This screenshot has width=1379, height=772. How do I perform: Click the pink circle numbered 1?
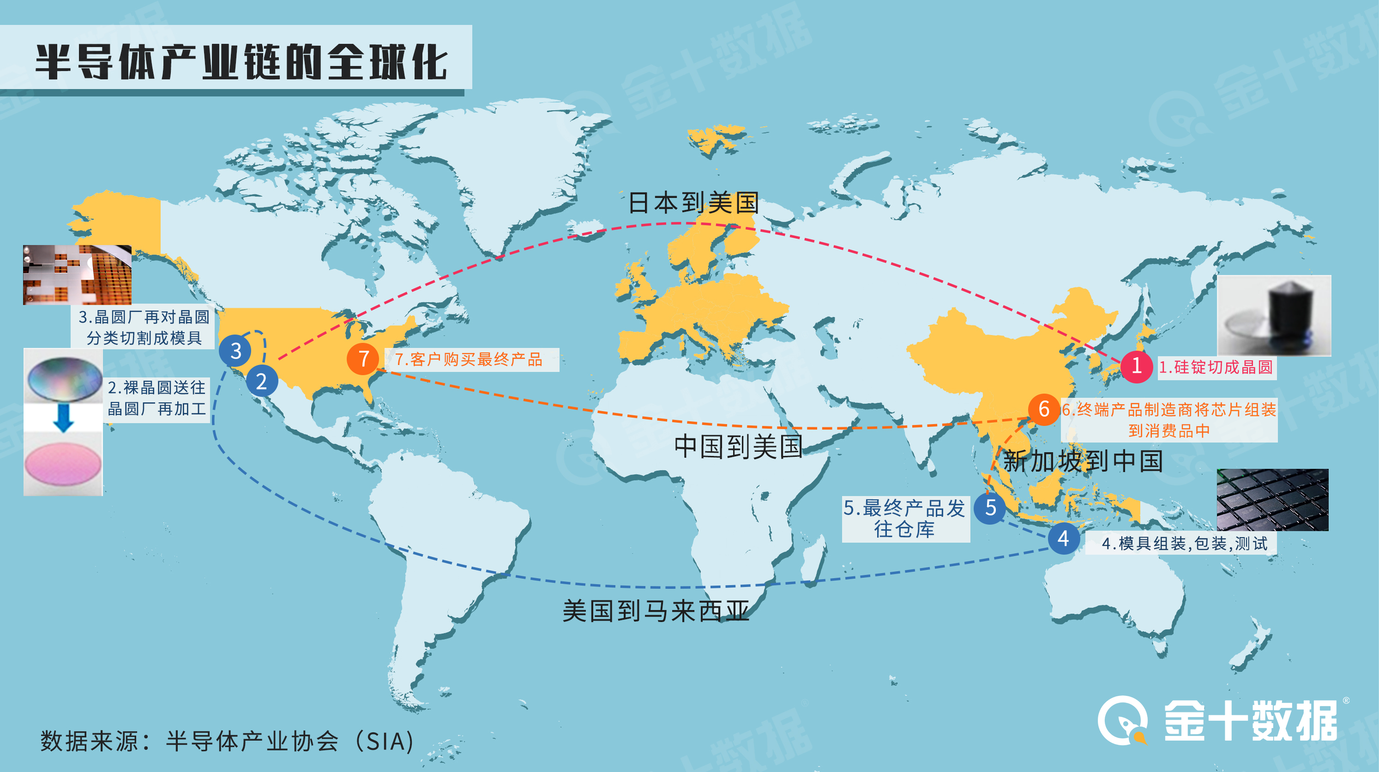pyautogui.click(x=1136, y=366)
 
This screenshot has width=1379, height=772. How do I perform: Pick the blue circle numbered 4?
pyautogui.click(x=1063, y=538)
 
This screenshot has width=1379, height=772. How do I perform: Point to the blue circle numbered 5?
pyautogui.click(x=990, y=507)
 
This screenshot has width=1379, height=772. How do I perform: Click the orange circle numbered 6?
pyautogui.click(x=1043, y=409)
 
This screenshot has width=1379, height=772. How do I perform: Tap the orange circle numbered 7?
pyautogui.click(x=363, y=359)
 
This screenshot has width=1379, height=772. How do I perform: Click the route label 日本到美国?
pyautogui.click(x=694, y=203)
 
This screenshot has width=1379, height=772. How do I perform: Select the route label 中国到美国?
pyautogui.click(x=738, y=446)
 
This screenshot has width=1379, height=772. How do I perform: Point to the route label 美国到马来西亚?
pyautogui.click(x=656, y=611)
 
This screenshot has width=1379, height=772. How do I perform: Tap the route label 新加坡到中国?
pyautogui.click(x=1083, y=461)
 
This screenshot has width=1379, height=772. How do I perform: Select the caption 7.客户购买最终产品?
pyautogui.click(x=469, y=359)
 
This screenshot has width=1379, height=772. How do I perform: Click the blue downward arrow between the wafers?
pyautogui.click(x=63, y=418)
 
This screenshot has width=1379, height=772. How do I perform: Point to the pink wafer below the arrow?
pyautogui.click(x=63, y=464)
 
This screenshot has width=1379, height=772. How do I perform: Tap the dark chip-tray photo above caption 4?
pyautogui.click(x=1272, y=499)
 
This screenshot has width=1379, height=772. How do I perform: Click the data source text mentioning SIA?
pyautogui.click(x=228, y=742)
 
